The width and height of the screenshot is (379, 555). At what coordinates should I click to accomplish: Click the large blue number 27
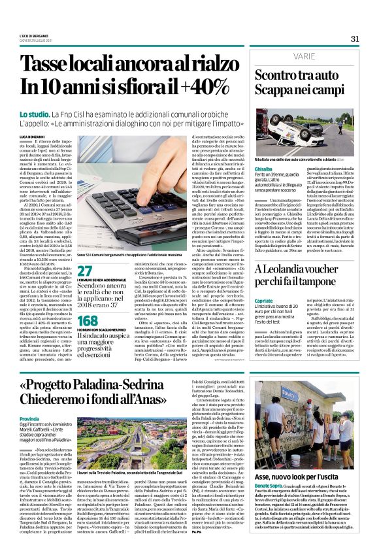pyautogui.click(x=85, y=270)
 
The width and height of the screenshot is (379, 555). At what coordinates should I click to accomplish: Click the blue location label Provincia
pyautogui.click(x=39, y=418)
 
